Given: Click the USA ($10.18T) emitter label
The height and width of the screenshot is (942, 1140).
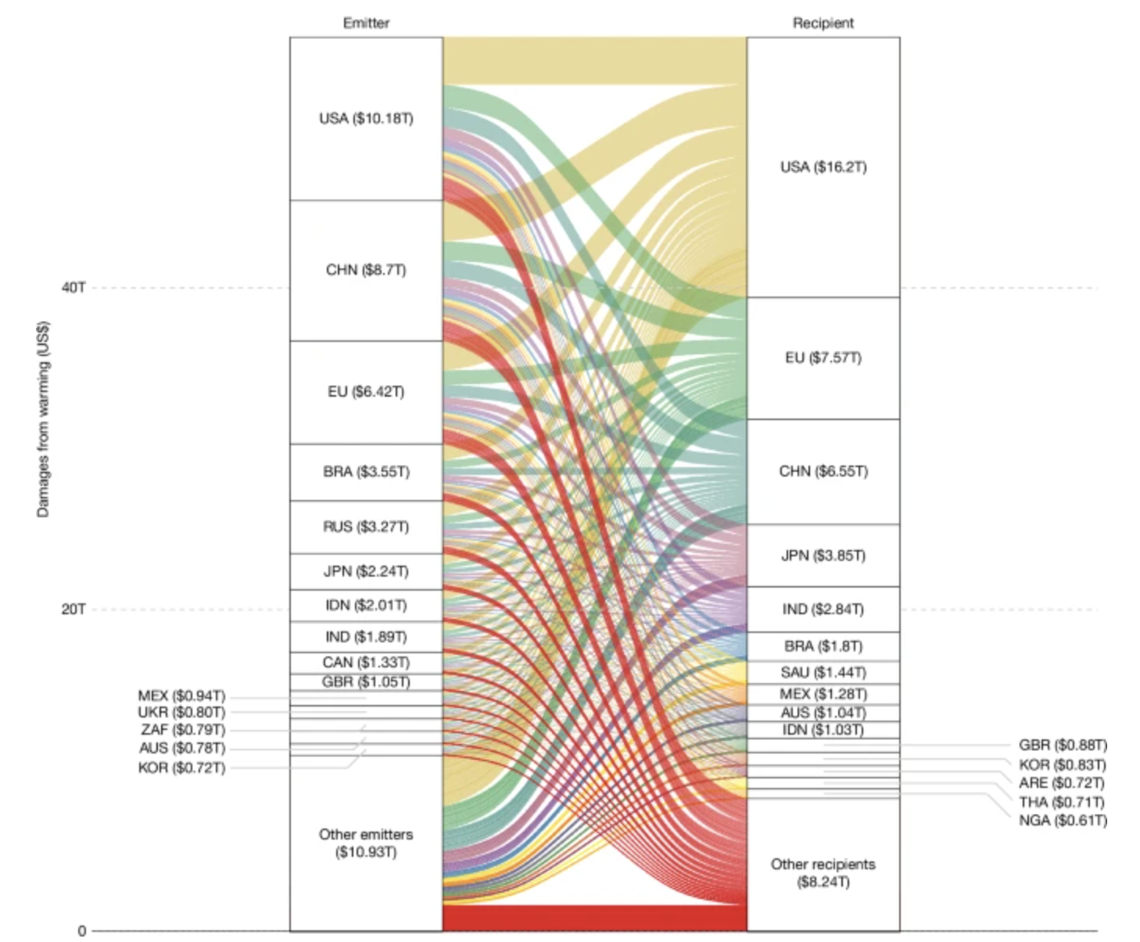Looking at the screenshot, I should point(366,119).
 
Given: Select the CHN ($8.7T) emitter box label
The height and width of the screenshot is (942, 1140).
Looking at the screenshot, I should point(366,270).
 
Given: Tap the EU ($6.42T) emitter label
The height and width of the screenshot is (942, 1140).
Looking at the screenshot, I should point(366,392).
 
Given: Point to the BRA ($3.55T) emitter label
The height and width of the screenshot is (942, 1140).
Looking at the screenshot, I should point(366,472).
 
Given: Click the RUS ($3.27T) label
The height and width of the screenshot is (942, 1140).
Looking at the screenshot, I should point(366,527).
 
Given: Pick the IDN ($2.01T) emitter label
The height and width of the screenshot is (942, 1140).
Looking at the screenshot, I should point(366,606).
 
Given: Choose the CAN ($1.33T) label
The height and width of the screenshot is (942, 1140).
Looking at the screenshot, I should point(366,663).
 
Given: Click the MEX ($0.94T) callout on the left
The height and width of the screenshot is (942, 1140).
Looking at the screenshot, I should point(181,696).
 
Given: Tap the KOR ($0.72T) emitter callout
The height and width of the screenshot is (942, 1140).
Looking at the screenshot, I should point(181,768).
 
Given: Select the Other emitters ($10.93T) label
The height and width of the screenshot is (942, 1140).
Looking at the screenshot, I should point(366,843).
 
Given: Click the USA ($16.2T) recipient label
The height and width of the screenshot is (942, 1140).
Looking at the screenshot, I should point(823,167).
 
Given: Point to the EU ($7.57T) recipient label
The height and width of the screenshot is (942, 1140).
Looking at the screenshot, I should point(823,358).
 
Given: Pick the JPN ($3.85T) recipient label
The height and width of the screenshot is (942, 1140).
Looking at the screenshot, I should point(823,555).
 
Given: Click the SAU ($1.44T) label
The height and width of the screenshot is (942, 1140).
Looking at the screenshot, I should point(823,672).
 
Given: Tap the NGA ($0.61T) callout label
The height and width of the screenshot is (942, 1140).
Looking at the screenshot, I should point(1063,820).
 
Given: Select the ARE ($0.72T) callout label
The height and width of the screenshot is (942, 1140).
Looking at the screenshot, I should point(1063,783).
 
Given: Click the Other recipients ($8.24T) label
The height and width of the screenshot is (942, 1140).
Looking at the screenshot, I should point(823,872).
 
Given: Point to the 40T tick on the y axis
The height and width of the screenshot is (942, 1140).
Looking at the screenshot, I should point(73,288).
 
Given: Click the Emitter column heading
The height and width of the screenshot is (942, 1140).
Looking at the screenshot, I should point(366,23).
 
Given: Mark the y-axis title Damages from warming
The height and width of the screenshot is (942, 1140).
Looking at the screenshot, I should point(43,419).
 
